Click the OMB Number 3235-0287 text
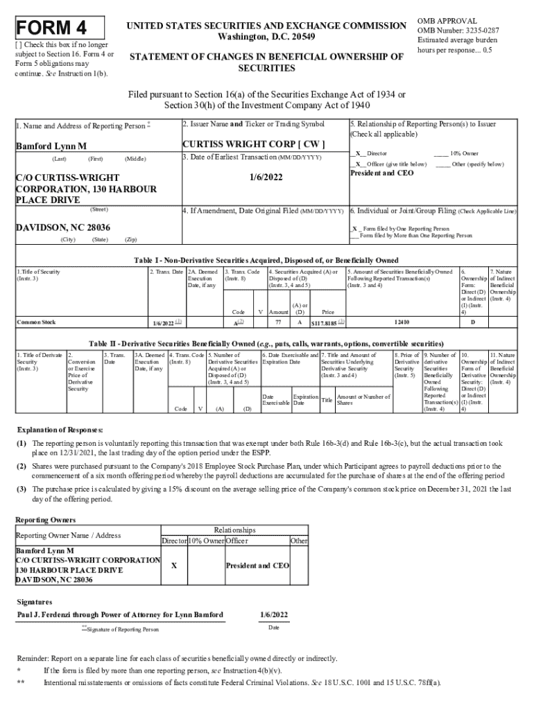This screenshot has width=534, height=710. (457, 31)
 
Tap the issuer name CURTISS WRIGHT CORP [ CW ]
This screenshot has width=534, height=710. (253, 145)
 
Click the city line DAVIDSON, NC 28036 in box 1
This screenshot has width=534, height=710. (62, 227)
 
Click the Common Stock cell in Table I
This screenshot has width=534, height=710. (36, 322)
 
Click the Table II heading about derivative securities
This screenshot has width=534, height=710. (266, 344)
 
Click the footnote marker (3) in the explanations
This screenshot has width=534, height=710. (22, 489)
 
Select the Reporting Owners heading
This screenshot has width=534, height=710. (45, 519)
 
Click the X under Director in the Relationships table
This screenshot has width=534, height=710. (173, 565)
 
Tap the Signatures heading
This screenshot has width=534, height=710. (35, 602)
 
